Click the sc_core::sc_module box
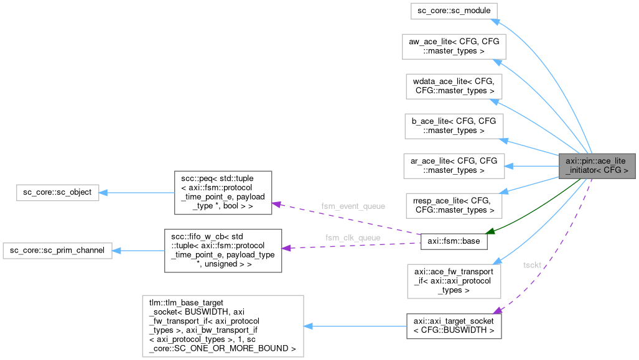tap(454, 11)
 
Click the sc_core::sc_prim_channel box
tap(57, 251)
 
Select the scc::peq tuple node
tap(222, 192)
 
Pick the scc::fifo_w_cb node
tap(222, 251)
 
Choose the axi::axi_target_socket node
tap(454, 326)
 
